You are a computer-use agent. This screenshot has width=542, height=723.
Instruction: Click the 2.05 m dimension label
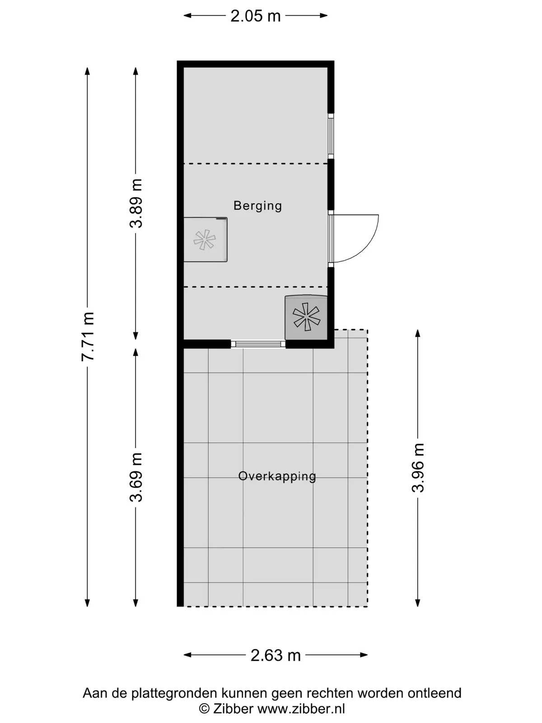tap(255, 16)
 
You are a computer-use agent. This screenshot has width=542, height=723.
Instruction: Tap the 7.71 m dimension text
tap(88, 336)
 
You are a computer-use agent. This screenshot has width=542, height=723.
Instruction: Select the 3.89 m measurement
tap(135, 203)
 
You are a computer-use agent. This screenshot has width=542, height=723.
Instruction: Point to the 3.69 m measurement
tap(135, 477)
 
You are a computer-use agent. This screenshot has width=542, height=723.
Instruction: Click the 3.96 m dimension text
tap(418, 468)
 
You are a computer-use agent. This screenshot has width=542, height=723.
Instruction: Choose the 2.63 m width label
tap(276, 655)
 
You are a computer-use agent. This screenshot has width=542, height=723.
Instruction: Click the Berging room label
tap(257, 206)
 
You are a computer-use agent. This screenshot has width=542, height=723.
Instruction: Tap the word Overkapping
tap(277, 476)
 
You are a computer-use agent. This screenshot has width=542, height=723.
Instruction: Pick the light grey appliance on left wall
tap(206, 239)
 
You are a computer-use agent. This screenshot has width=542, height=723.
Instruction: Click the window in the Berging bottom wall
tap(258, 344)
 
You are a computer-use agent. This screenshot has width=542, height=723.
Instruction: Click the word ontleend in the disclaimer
tap(435, 693)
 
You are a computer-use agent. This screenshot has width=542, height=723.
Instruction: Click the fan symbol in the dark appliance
tap(306, 317)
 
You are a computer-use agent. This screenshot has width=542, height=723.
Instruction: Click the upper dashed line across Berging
tap(255, 164)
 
